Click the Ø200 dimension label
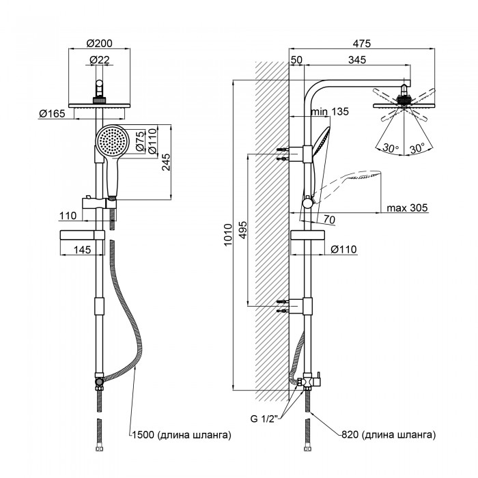[100, 44]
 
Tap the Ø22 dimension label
[100, 61]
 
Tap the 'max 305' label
[406, 209]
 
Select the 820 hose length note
[386, 434]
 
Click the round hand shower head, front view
[111, 142]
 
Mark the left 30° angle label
[391, 147]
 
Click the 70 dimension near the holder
[328, 219]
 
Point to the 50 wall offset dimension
[296, 61]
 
